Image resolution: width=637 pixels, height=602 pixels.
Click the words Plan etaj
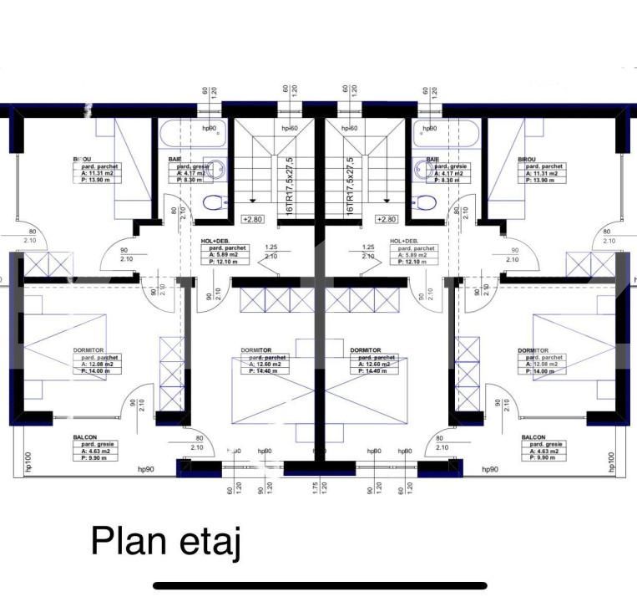coord(166,542)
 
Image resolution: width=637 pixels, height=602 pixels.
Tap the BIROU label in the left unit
coord(82,159)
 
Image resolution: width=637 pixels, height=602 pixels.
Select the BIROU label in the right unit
coord(527,159)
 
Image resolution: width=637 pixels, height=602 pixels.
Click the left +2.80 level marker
coord(252,219)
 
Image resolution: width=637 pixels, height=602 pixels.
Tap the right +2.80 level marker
coord(387,219)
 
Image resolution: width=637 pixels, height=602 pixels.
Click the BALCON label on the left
coord(84,437)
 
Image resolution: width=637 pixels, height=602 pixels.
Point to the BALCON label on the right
coord(533,437)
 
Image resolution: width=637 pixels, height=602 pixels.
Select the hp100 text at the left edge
coord(28,464)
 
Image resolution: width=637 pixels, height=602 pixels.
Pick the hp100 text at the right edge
coord(612,464)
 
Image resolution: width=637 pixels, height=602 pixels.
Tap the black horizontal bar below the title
coord(320,586)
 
